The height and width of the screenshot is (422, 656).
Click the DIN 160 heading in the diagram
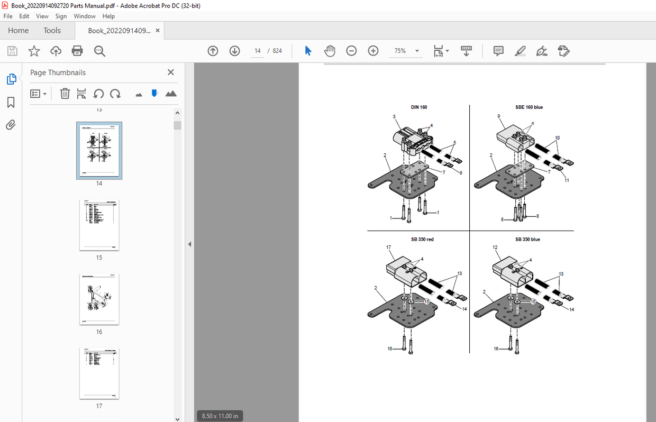[x=418, y=107]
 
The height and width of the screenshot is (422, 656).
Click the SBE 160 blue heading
[x=529, y=107]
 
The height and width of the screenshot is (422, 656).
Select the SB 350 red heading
[x=422, y=240]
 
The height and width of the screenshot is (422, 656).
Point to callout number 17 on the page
[x=388, y=247]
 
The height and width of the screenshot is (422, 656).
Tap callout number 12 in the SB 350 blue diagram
[x=495, y=247]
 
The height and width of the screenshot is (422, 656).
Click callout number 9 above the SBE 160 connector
[x=498, y=116]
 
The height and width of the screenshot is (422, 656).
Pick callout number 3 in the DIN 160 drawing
[x=394, y=116]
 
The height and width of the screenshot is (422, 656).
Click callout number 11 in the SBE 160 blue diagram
[x=567, y=180]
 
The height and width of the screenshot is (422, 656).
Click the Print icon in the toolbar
[x=77, y=51]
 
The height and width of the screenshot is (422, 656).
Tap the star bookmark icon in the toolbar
[x=34, y=51]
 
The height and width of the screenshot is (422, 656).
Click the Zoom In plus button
[x=373, y=51]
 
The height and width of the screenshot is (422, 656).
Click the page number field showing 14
[x=257, y=51]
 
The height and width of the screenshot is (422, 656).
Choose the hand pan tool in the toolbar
[x=330, y=51]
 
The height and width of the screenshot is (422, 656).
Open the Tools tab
[x=52, y=31]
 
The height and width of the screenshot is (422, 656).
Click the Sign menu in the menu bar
[x=61, y=16]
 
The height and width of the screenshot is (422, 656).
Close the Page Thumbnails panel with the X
[x=170, y=72]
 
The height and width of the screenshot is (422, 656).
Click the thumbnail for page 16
[x=99, y=299]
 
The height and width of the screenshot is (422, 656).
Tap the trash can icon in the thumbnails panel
[x=65, y=94]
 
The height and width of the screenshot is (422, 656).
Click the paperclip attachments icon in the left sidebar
[x=11, y=125]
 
